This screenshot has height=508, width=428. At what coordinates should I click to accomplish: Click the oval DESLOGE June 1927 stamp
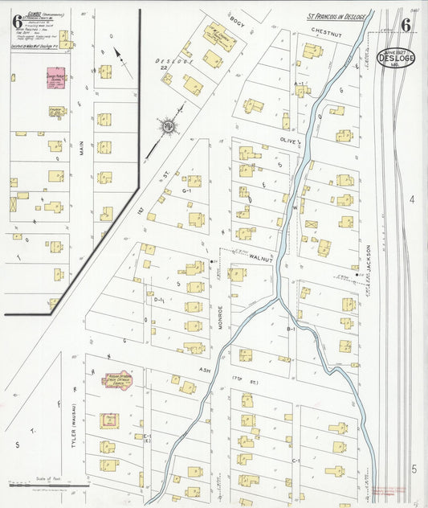coord(397,58)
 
